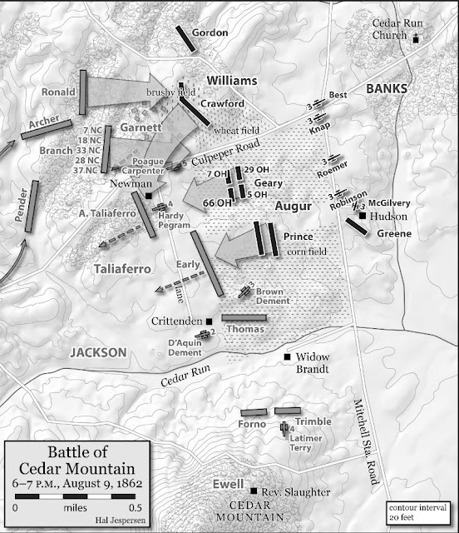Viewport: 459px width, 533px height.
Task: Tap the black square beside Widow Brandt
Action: tap(288, 357)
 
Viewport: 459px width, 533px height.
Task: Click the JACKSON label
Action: tap(99, 352)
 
